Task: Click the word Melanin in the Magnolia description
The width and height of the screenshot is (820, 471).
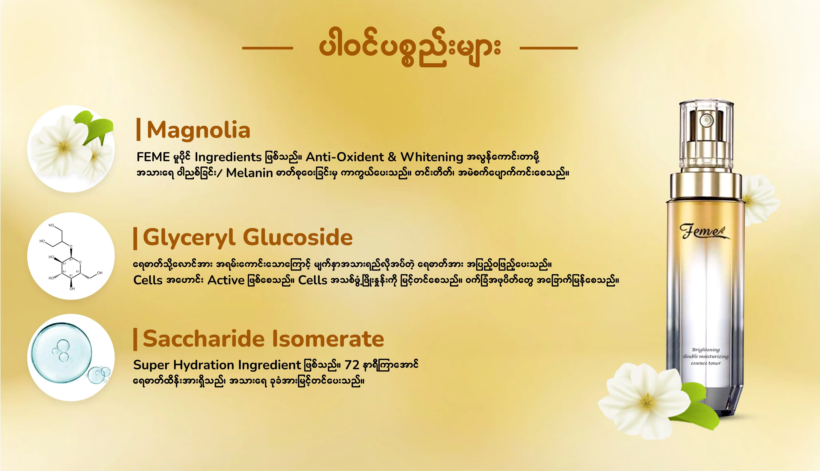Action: click(249, 173)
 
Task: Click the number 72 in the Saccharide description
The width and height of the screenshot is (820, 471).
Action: click(352, 365)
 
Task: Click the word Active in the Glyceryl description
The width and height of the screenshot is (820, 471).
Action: click(226, 280)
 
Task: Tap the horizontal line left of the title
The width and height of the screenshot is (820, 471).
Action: click(267, 48)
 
